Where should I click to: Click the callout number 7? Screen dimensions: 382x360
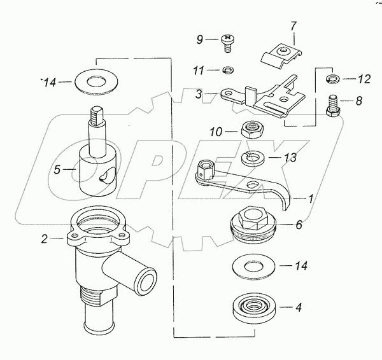(293, 26)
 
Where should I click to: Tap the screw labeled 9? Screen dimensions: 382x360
(227, 43)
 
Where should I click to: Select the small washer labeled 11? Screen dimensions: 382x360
(227, 71)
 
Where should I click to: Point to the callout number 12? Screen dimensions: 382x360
(364, 79)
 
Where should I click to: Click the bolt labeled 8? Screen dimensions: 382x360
(332, 107)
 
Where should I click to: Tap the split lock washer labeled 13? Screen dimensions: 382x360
(253, 158)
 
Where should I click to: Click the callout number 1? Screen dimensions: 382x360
(310, 199)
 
